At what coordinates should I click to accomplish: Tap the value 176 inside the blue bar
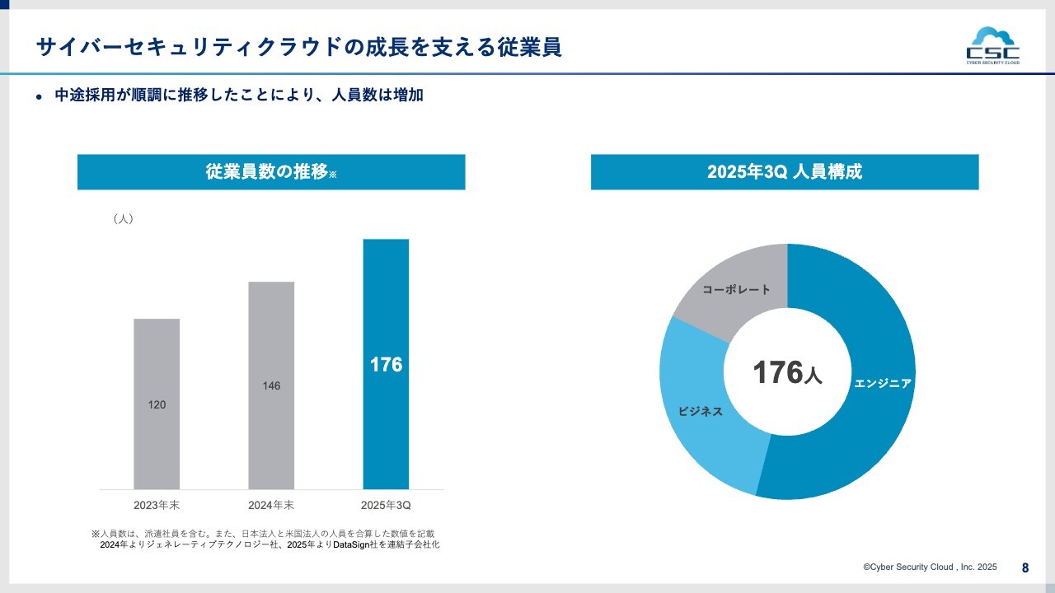tap(386, 365)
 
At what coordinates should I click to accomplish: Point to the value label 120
tap(157, 405)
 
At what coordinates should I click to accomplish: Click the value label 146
tap(271, 386)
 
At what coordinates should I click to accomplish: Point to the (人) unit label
tap(122, 219)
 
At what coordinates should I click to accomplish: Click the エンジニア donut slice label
tap(883, 384)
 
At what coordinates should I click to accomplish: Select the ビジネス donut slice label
tap(700, 411)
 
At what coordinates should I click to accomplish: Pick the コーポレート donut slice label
tap(737, 290)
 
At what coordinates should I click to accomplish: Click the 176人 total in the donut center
tap(787, 373)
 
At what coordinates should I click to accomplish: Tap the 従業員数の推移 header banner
tap(271, 172)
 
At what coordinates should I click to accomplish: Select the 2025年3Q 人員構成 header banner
tap(785, 172)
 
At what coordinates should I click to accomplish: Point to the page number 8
tap(1025, 567)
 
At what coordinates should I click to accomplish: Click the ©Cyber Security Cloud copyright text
tap(930, 567)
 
